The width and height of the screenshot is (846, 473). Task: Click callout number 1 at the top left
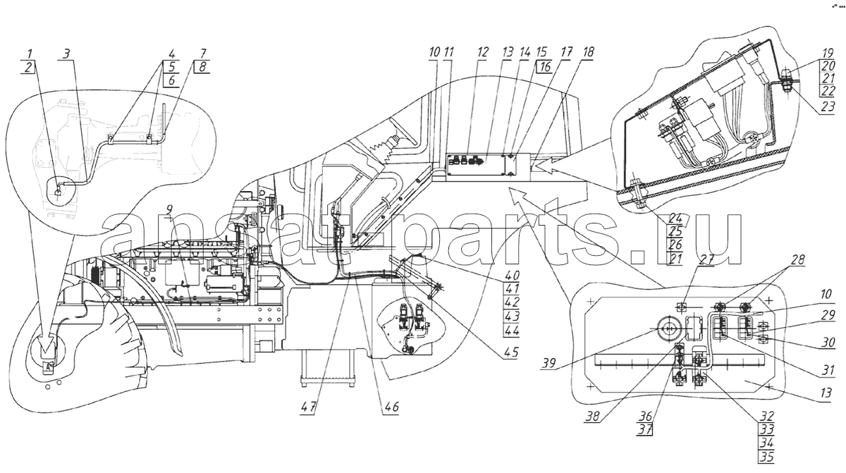(30, 54)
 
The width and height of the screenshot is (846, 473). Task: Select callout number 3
(66, 54)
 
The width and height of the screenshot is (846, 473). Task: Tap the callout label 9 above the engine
(170, 209)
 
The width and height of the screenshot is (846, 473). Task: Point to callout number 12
(482, 52)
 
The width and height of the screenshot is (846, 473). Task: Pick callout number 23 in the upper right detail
(828, 107)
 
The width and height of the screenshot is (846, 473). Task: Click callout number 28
(797, 259)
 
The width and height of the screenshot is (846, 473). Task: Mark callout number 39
(548, 363)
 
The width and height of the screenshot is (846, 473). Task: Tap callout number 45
(510, 352)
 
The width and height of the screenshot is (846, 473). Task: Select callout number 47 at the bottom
(309, 407)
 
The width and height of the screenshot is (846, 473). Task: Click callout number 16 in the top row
(544, 67)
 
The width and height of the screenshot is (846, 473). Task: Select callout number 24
(675, 218)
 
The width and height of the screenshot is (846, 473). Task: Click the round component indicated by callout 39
(668, 329)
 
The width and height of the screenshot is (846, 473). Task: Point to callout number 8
(202, 67)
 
